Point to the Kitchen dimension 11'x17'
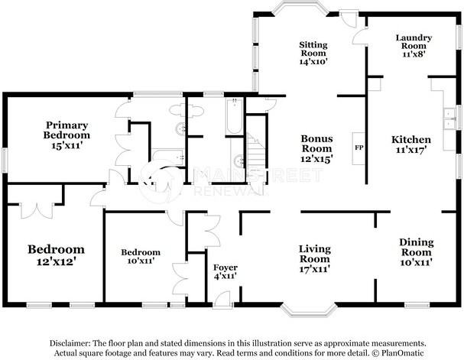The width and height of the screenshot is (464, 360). point(411,150)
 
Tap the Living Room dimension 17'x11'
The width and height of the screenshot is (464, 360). point(313,259)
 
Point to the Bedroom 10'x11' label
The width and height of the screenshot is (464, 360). point(141,252)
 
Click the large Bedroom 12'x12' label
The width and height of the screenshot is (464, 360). point(56,249)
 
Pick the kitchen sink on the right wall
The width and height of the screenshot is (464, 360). point(447,115)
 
